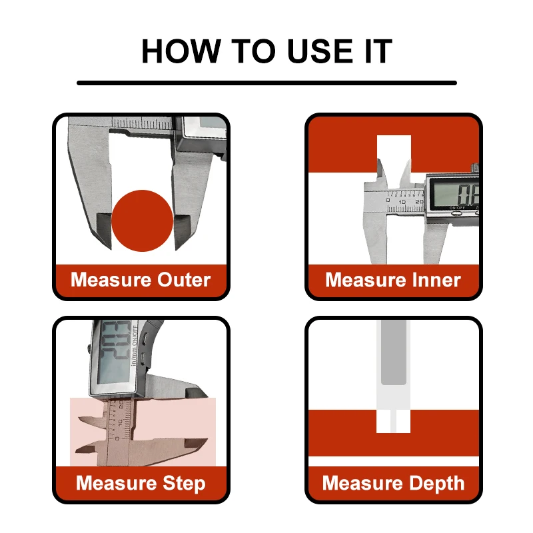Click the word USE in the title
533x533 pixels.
pos(320,51)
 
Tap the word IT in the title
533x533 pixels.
pos(378,51)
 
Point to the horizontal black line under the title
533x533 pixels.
pos(266,83)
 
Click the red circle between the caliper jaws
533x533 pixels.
pos(143,221)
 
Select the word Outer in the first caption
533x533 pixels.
pos(184,280)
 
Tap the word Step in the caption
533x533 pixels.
pos(184,484)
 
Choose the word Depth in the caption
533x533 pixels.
pos(437,484)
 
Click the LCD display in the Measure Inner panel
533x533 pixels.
pos(455,194)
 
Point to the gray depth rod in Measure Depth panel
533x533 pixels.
pos(394,352)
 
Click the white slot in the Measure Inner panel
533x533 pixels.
pos(394,154)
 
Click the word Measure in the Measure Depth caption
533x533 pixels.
pos(363,484)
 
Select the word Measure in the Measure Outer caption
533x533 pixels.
pos(111,280)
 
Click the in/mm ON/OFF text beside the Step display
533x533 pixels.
pos(135,345)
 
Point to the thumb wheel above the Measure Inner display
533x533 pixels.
pos(475,169)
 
